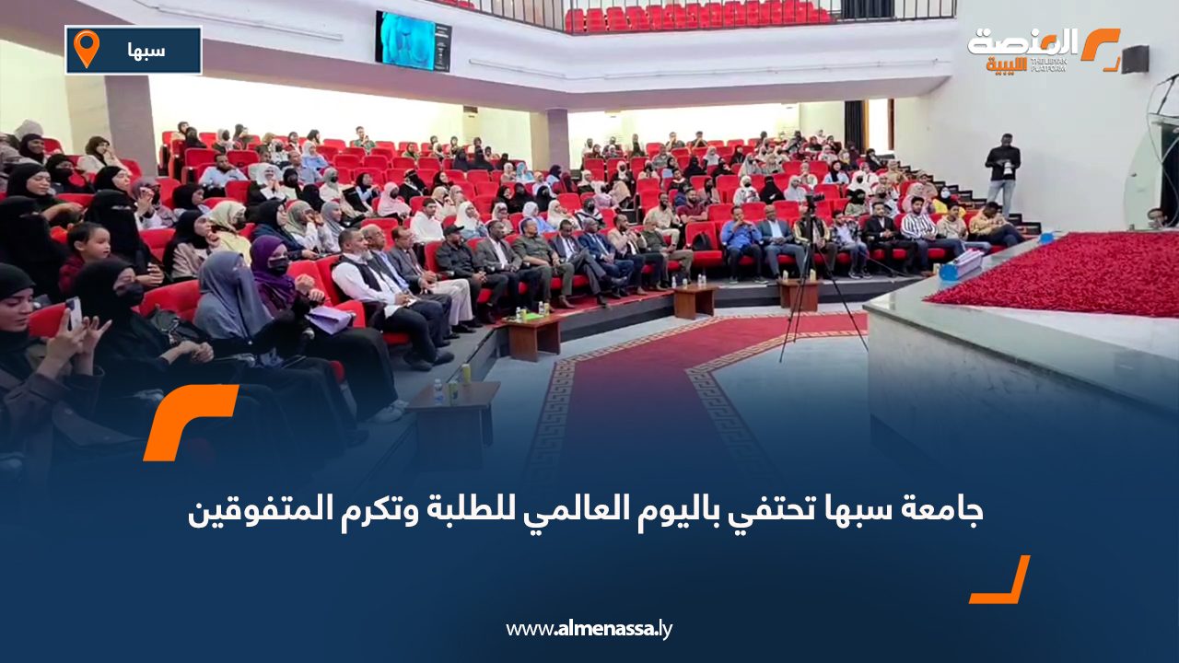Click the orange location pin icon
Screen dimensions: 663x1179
(x=86, y=49)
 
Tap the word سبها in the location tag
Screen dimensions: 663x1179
(x=147, y=51)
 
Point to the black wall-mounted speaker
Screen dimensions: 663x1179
(x=1135, y=59)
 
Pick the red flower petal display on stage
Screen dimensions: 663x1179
(x=1059, y=273)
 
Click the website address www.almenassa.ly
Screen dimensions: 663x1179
(x=589, y=629)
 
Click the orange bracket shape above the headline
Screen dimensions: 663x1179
(x=189, y=419)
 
